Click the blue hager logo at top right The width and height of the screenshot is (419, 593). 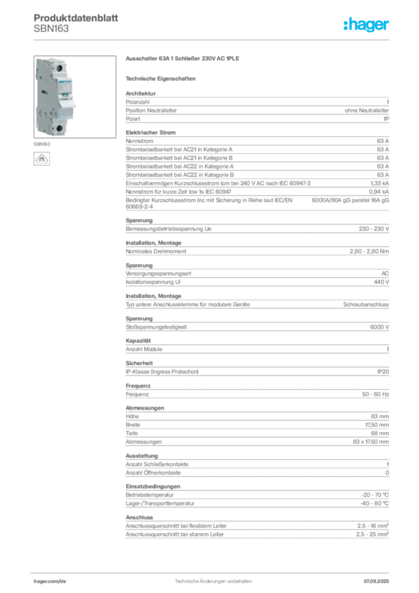click(x=367, y=24)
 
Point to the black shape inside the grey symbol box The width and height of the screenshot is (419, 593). click(x=42, y=158)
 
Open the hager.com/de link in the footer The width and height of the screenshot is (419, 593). click(x=50, y=579)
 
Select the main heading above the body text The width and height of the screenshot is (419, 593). click(x=182, y=60)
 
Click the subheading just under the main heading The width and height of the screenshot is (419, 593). click(x=162, y=78)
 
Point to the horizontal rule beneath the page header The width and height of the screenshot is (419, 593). click(x=213, y=39)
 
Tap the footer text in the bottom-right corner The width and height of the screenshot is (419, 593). click(x=379, y=579)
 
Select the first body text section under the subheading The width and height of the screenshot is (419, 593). click(x=256, y=106)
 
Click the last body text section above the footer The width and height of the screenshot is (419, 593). click(x=256, y=527)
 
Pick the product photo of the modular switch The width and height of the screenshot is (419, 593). click(x=54, y=96)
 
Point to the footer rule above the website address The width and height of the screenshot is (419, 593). click(x=213, y=572)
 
